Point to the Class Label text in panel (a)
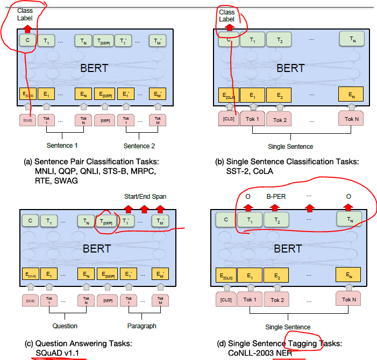click(x=25, y=14)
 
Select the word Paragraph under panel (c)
click(x=141, y=326)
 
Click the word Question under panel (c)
click(x=65, y=326)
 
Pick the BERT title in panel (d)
click(x=288, y=249)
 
